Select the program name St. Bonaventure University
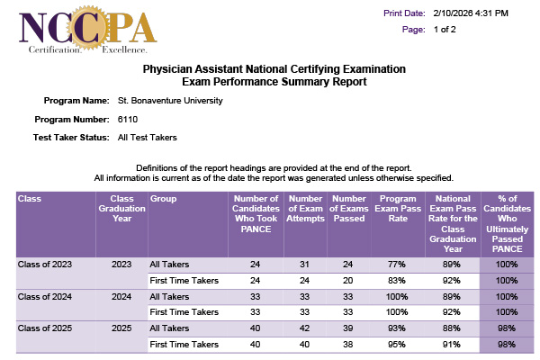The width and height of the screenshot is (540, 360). (x=170, y=100)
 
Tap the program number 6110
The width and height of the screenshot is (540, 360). (x=128, y=119)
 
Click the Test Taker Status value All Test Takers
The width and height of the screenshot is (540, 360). (x=148, y=138)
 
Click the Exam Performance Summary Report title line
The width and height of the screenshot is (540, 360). (x=274, y=82)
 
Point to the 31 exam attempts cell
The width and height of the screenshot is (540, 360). (x=304, y=265)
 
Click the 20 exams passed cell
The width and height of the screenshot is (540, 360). (x=348, y=280)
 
